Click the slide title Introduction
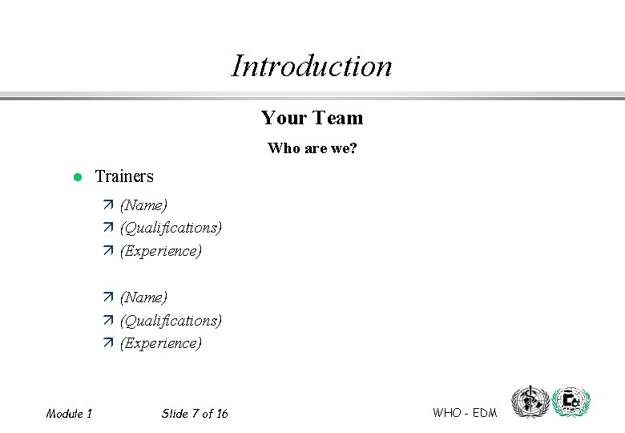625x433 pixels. pos(312,66)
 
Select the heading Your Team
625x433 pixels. pos(312,118)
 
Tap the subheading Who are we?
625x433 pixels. pos(312,148)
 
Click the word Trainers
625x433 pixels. pos(124,176)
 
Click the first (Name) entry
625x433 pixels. pos(143,205)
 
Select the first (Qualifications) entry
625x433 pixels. pos(171,228)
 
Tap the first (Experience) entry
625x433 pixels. pos(160,251)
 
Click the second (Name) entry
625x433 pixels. pos(143,297)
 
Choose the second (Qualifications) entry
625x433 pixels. pos(171,321)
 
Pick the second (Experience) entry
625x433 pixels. pos(160,343)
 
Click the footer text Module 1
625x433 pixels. pos(69,414)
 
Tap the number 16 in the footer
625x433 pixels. pos(221,414)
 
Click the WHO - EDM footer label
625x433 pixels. pos(465,413)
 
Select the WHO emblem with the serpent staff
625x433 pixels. pos(530,402)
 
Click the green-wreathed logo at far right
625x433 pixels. pos(571,402)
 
